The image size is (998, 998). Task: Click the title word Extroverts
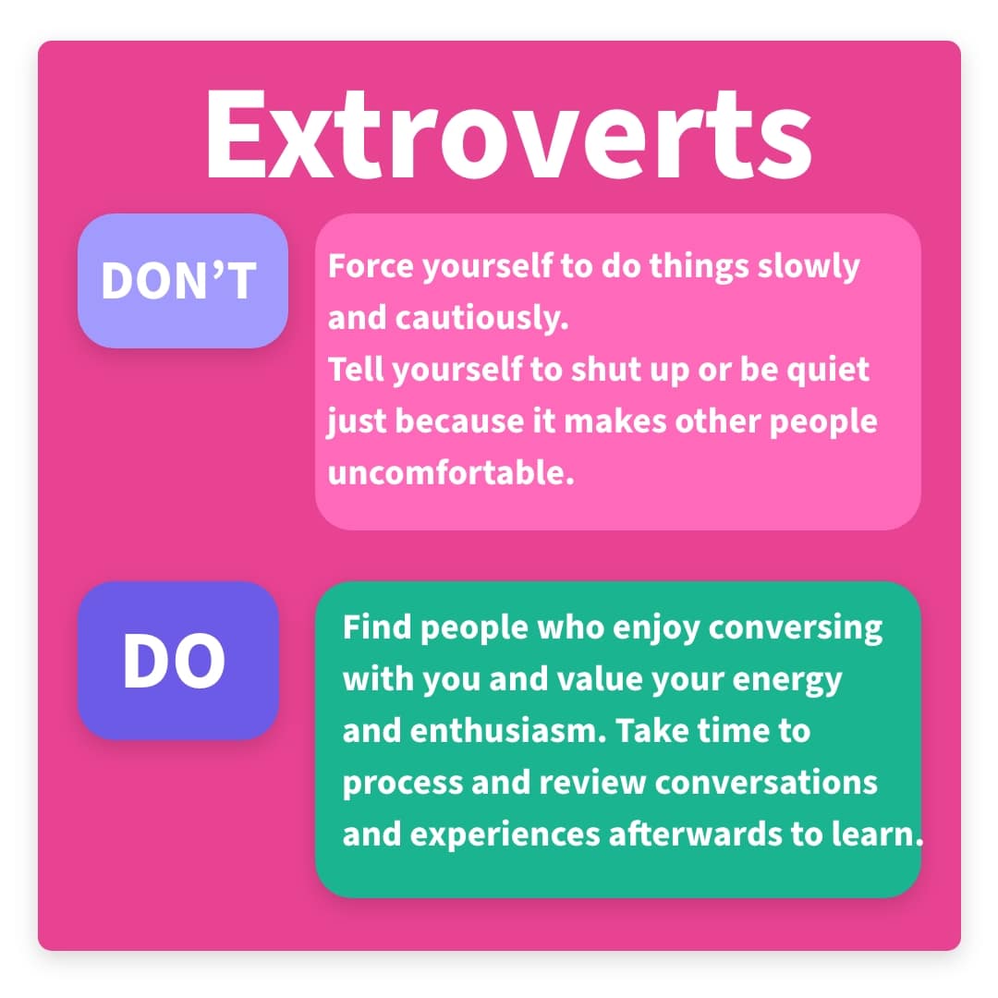point(508,134)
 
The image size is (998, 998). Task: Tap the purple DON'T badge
point(183,281)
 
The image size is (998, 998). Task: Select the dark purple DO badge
point(178,660)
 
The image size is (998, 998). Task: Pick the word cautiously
point(481,318)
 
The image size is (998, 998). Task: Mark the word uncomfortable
point(451,473)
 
